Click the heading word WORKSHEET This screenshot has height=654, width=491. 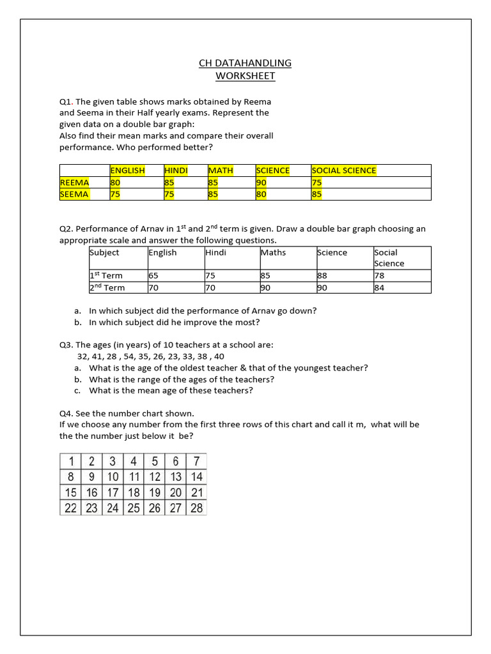point(245,76)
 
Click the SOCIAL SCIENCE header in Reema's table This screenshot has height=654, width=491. point(344,171)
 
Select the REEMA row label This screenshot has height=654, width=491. point(75,183)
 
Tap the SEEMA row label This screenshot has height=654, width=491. point(75,194)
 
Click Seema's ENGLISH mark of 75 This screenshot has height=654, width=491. point(115,194)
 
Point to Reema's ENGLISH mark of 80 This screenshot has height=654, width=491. point(115,183)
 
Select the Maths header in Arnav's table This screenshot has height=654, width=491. point(274,252)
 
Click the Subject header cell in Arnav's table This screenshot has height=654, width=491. point(104,252)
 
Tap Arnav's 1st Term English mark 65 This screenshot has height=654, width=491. point(153,276)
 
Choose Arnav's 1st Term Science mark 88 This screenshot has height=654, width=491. point(323,276)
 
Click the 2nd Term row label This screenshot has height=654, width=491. point(107,287)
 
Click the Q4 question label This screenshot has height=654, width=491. point(66,413)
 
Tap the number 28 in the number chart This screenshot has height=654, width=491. point(196,508)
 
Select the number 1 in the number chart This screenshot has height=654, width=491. point(72,461)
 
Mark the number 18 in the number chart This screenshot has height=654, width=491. point(134,492)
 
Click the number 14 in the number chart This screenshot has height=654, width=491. point(196,476)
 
